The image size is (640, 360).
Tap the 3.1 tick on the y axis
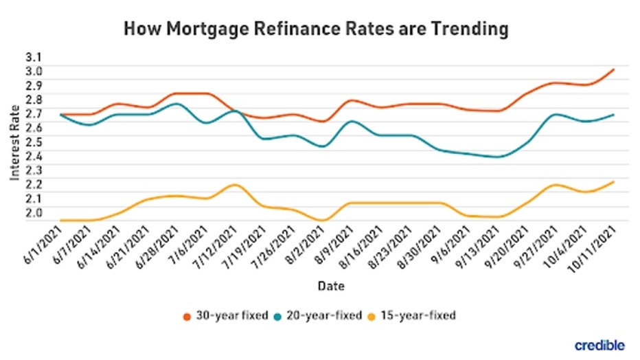[35, 57]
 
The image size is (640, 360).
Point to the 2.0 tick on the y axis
[35, 212]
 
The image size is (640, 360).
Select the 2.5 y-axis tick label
[35, 142]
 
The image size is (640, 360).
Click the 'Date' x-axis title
[331, 284]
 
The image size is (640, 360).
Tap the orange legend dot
[187, 316]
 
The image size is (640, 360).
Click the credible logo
[599, 344]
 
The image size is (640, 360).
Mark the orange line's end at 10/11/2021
[613, 69]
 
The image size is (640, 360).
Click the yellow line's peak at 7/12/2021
[235, 185]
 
